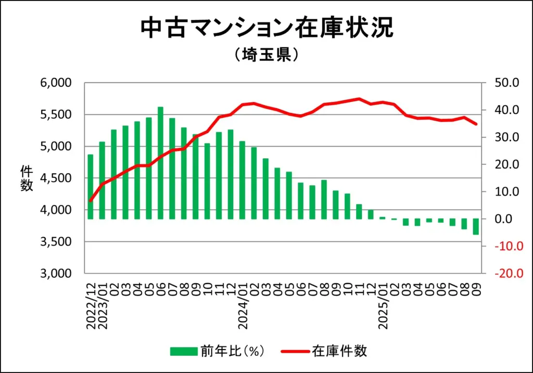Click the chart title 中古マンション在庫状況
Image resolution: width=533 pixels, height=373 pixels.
[x=266, y=29]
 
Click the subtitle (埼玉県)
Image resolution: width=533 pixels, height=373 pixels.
[x=266, y=55]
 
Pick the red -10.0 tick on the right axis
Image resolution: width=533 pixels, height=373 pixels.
[x=505, y=246]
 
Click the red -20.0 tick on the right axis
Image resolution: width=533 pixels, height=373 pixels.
[x=505, y=274]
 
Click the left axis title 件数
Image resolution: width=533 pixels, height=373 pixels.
[x=27, y=178]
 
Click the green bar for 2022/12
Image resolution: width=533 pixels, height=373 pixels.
[x=91, y=187]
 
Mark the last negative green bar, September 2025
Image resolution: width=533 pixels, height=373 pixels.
[x=476, y=227]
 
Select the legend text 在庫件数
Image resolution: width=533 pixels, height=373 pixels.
[x=340, y=351]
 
